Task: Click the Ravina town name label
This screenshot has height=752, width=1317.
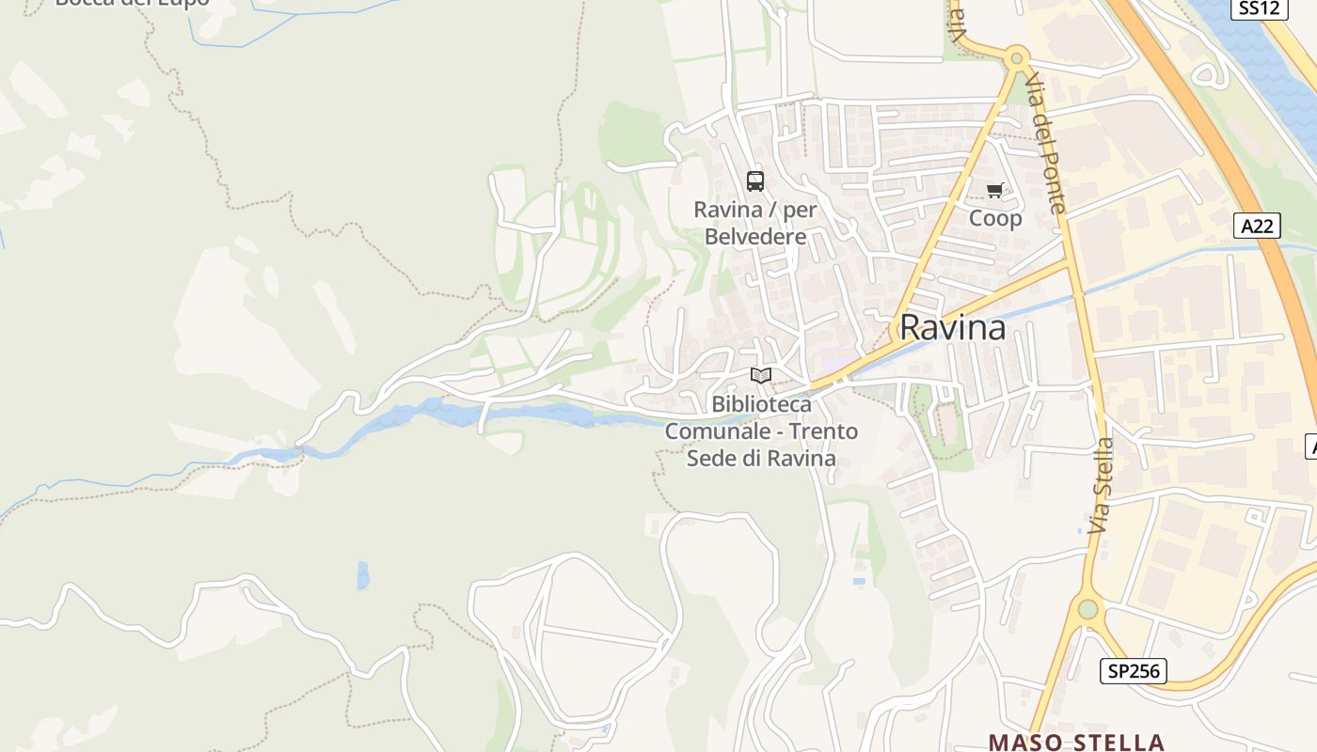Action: tap(952, 327)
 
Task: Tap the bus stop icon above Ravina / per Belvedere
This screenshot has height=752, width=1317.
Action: tap(755, 180)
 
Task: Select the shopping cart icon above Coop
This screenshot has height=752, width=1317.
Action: tap(994, 191)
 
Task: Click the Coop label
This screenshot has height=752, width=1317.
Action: tap(995, 219)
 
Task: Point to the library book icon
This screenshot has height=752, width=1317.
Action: tap(761, 376)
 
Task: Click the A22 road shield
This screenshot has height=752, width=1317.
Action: tap(1257, 226)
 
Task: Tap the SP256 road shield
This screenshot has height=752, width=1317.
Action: tap(1134, 671)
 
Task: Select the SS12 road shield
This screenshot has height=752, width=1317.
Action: tap(1258, 8)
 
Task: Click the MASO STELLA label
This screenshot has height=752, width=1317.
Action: tap(1076, 743)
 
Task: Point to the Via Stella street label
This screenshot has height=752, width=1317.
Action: tap(1102, 486)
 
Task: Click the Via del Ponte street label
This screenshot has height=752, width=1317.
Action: tap(1045, 142)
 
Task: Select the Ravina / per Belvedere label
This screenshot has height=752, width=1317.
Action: tap(755, 223)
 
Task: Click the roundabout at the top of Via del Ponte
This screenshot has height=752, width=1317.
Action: tap(1015, 58)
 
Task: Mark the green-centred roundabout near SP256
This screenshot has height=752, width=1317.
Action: tap(1087, 609)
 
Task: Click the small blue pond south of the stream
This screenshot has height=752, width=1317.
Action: tap(363, 574)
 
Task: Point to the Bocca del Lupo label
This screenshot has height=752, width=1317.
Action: tap(132, 3)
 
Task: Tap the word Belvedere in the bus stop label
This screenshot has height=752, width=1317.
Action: tap(755, 237)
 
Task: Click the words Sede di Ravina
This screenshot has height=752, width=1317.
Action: tap(761, 459)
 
